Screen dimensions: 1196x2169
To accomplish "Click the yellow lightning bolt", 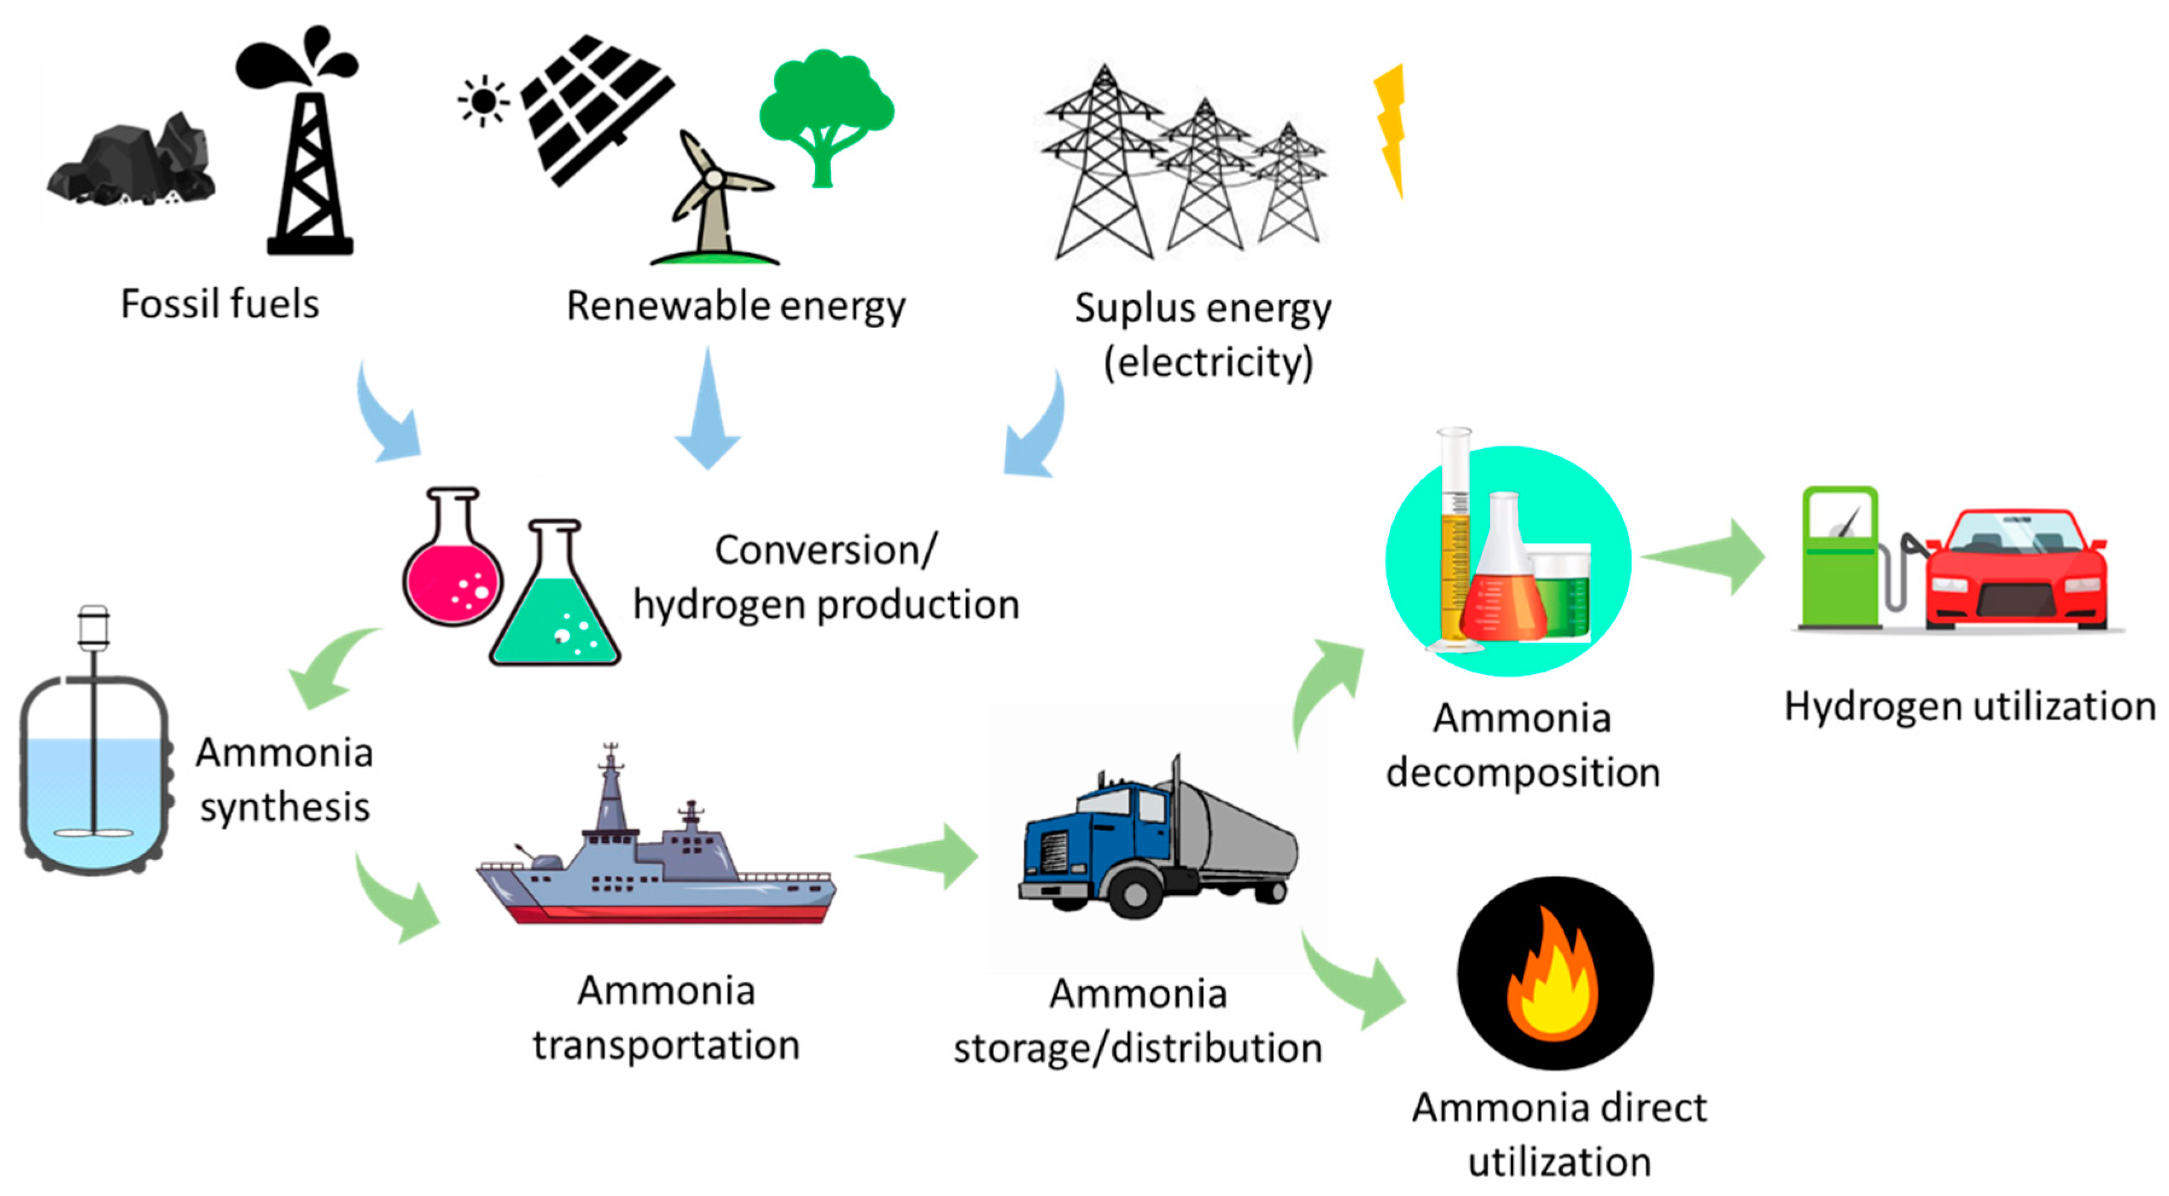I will (x=1391, y=126).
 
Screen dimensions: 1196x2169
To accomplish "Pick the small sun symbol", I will (x=483, y=101).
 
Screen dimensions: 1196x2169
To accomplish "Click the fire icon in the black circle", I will (x=1554, y=977).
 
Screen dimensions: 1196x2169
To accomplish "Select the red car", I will (x=2017, y=573).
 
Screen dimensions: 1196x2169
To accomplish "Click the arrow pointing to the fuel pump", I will (x=1705, y=556).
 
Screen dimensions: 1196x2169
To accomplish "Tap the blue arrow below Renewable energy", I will (x=707, y=413).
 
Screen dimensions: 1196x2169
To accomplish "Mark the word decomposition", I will (x=1522, y=773).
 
